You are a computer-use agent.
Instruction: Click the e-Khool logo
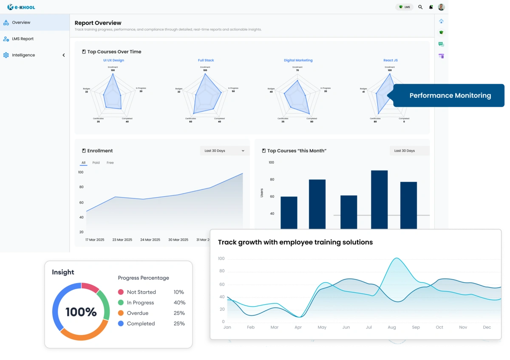coord(21,7)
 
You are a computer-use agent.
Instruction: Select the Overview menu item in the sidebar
coord(21,23)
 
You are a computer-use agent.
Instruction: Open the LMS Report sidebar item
coord(23,39)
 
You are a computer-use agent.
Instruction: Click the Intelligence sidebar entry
coord(23,55)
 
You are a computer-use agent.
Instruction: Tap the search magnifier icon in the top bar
coord(420,7)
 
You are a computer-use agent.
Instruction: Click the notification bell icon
coord(431,7)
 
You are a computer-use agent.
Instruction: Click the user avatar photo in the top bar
coord(441,7)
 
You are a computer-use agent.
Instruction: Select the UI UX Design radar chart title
coord(113,60)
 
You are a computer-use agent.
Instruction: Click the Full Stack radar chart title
coord(206,60)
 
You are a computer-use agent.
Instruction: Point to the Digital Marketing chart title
coord(298,60)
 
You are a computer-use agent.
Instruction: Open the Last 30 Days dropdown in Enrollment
coord(224,151)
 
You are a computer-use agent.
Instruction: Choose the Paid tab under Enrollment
coord(96,163)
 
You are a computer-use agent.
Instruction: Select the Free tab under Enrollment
coord(110,163)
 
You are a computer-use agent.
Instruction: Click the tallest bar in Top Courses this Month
coord(379,200)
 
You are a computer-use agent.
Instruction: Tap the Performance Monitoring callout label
coord(450,96)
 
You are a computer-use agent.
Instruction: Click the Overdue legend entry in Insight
coord(137,313)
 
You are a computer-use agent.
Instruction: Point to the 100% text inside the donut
coord(81,312)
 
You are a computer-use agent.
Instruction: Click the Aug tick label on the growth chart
coord(392,327)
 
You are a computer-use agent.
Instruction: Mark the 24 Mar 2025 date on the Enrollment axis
coord(150,240)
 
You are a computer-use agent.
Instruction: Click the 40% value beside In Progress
coord(179,303)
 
